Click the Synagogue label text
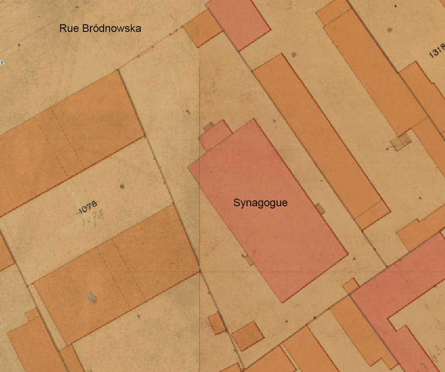(260, 203)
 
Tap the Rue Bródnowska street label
(100, 29)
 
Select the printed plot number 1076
(88, 207)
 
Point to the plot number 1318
(436, 51)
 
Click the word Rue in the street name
(69, 29)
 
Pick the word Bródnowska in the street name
(111, 29)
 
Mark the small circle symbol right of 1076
(122, 186)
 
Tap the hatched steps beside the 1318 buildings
(401, 141)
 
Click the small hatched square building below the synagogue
(248, 336)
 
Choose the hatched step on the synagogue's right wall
(320, 208)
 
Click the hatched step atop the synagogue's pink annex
(208, 127)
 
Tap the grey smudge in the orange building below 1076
(91, 297)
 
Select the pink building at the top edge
(238, 23)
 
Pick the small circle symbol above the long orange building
(294, 54)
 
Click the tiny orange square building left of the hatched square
(217, 323)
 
